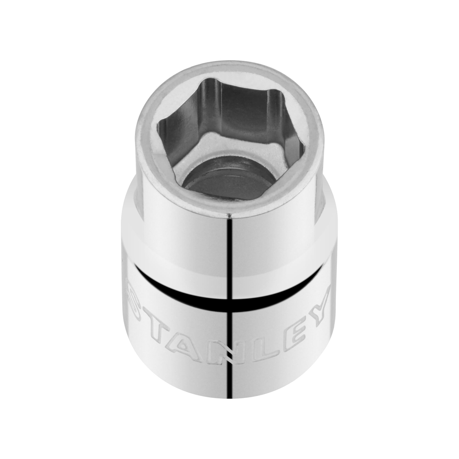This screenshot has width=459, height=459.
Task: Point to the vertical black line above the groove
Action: (x=230, y=248)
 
